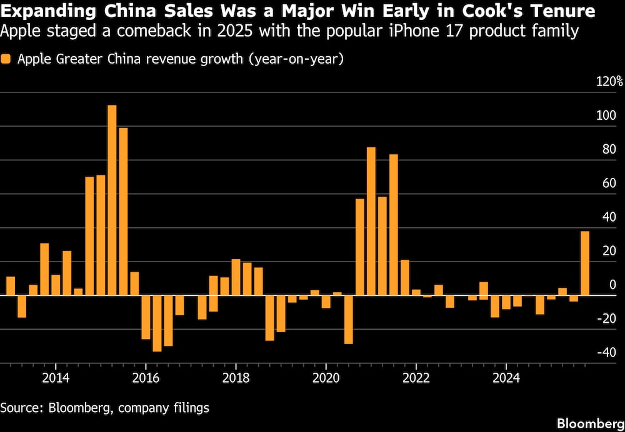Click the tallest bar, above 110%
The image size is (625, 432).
(112, 200)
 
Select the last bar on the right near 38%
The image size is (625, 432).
(585, 263)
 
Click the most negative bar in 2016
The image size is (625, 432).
(157, 323)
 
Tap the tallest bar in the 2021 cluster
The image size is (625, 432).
(371, 221)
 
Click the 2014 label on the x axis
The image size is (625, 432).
(55, 377)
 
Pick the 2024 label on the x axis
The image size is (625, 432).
(506, 377)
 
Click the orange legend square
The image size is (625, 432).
(6, 59)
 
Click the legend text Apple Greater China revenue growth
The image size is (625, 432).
(181, 59)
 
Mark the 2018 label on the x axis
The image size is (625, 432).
(236, 377)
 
